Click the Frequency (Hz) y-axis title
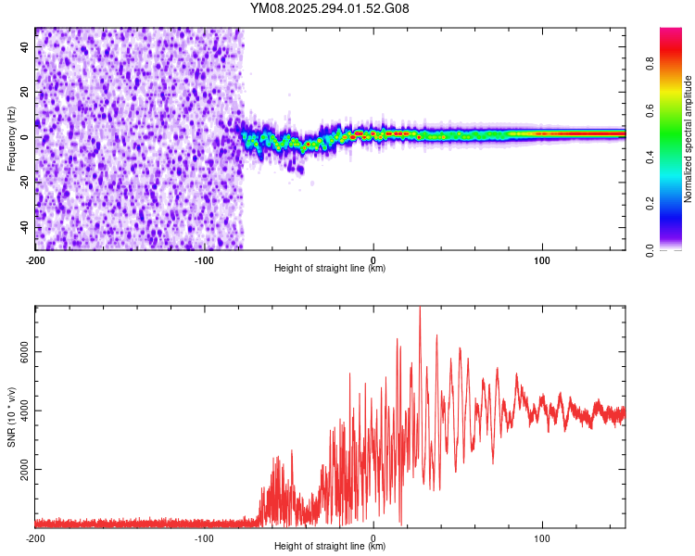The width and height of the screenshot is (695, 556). (x=11, y=138)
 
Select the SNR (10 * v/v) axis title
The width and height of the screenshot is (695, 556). (x=11, y=415)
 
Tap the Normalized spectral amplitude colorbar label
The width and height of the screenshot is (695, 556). (x=689, y=139)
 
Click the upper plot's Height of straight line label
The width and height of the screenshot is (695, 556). (x=330, y=269)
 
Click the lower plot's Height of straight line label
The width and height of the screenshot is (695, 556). (x=330, y=547)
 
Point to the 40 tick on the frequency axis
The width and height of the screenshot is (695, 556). (x=25, y=48)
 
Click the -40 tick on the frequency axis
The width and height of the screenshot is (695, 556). (x=23, y=227)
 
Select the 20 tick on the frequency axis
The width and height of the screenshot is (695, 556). (x=25, y=93)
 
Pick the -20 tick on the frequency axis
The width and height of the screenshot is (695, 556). (x=23, y=183)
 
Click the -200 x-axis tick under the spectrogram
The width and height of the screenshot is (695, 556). (x=35, y=259)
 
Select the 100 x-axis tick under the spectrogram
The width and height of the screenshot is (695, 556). (x=541, y=259)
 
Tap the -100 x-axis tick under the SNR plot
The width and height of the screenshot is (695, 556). (x=204, y=537)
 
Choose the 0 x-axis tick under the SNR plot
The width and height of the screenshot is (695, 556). (x=373, y=537)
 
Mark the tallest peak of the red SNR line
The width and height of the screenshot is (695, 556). (x=420, y=309)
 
